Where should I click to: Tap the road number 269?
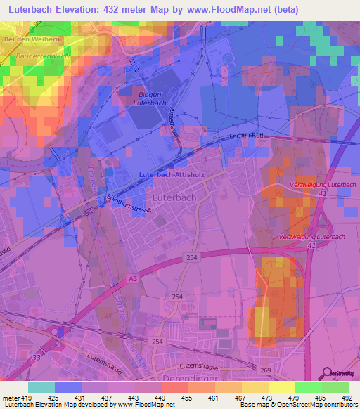(x=264, y=370)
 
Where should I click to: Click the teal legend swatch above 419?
(x=41, y=387)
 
